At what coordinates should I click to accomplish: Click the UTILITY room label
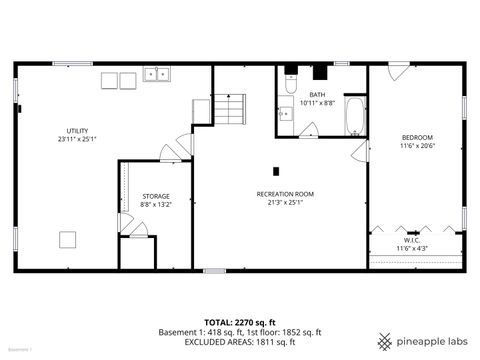[x=77, y=131]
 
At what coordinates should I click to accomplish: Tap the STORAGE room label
[x=155, y=196]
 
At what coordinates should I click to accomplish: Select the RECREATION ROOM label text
[x=285, y=193]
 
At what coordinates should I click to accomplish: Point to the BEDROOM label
[x=418, y=137]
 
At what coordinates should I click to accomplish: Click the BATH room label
[x=316, y=95]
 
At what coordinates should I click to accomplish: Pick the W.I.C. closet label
[x=411, y=240]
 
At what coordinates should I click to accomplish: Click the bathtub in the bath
[x=355, y=117]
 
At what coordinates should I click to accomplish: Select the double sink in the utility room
[x=155, y=74]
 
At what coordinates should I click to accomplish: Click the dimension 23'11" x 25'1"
[x=77, y=139]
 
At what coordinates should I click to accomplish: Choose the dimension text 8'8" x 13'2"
[x=155, y=204]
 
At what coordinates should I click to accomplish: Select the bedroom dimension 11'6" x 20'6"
[x=418, y=145]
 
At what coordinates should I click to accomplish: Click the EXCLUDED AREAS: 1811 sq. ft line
[x=240, y=341]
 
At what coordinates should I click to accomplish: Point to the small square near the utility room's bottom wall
[x=67, y=239]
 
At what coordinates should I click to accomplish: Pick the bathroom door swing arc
[x=309, y=129]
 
